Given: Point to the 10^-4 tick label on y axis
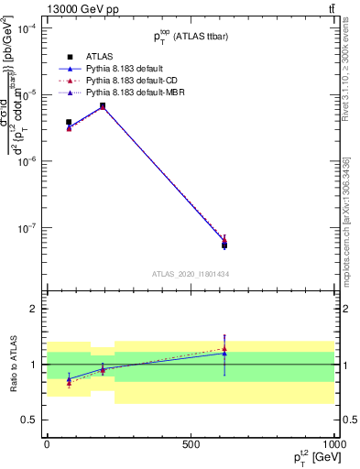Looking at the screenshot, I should click(27, 28).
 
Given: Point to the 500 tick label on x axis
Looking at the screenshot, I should click(191, 442).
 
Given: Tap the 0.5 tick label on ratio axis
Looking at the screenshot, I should click(28, 420).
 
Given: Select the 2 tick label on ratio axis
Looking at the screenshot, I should click(33, 309).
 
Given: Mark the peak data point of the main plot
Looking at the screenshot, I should click(103, 106).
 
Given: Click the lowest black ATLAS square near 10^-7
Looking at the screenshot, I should click(224, 245).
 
